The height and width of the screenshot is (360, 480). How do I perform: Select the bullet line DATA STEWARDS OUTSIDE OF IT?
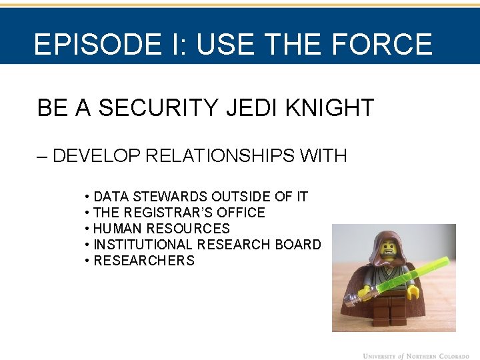click(200, 197)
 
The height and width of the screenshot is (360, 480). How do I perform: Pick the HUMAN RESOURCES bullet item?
click(161, 229)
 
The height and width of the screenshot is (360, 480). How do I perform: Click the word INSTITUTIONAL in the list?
click(143, 245)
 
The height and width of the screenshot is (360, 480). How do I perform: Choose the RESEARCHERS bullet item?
click(143, 261)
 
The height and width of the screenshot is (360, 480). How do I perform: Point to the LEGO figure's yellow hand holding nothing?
click(413, 291)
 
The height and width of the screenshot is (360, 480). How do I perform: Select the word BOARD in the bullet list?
click(298, 245)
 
